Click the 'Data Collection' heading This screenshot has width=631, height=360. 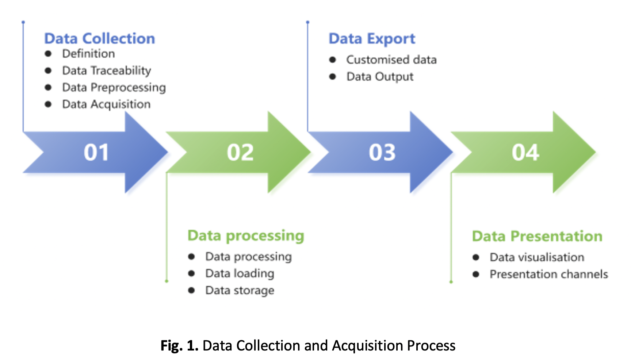pyautogui.click(x=99, y=38)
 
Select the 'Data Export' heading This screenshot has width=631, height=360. pyautogui.click(x=372, y=38)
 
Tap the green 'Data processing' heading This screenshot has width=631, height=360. pyautogui.click(x=246, y=235)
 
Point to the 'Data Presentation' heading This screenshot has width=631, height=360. pyautogui.click(x=537, y=236)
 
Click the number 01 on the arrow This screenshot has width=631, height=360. pyautogui.click(x=96, y=152)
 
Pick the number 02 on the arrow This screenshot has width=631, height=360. pyautogui.click(x=240, y=152)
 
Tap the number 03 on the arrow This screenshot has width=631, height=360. pyautogui.click(x=382, y=152)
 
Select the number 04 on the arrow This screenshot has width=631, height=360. pyautogui.click(x=525, y=152)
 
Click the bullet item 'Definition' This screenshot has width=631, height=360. pyautogui.click(x=88, y=54)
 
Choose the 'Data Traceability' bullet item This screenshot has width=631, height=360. pyautogui.click(x=106, y=70)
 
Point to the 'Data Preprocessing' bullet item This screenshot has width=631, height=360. pyautogui.click(x=114, y=87)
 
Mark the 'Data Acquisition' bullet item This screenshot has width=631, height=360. pyautogui.click(x=106, y=104)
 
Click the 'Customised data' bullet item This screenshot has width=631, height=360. pyautogui.click(x=391, y=60)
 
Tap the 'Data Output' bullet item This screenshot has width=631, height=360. pyautogui.click(x=380, y=77)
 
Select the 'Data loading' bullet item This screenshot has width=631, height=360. pyautogui.click(x=240, y=273)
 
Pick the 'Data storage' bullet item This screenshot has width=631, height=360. pyautogui.click(x=240, y=290)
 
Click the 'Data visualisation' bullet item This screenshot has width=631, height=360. pyautogui.click(x=537, y=257)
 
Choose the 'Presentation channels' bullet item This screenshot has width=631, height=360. pyautogui.click(x=548, y=274)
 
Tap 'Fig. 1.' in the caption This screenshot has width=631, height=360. pyautogui.click(x=179, y=345)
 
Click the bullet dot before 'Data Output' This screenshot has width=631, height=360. pyautogui.click(x=332, y=77)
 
